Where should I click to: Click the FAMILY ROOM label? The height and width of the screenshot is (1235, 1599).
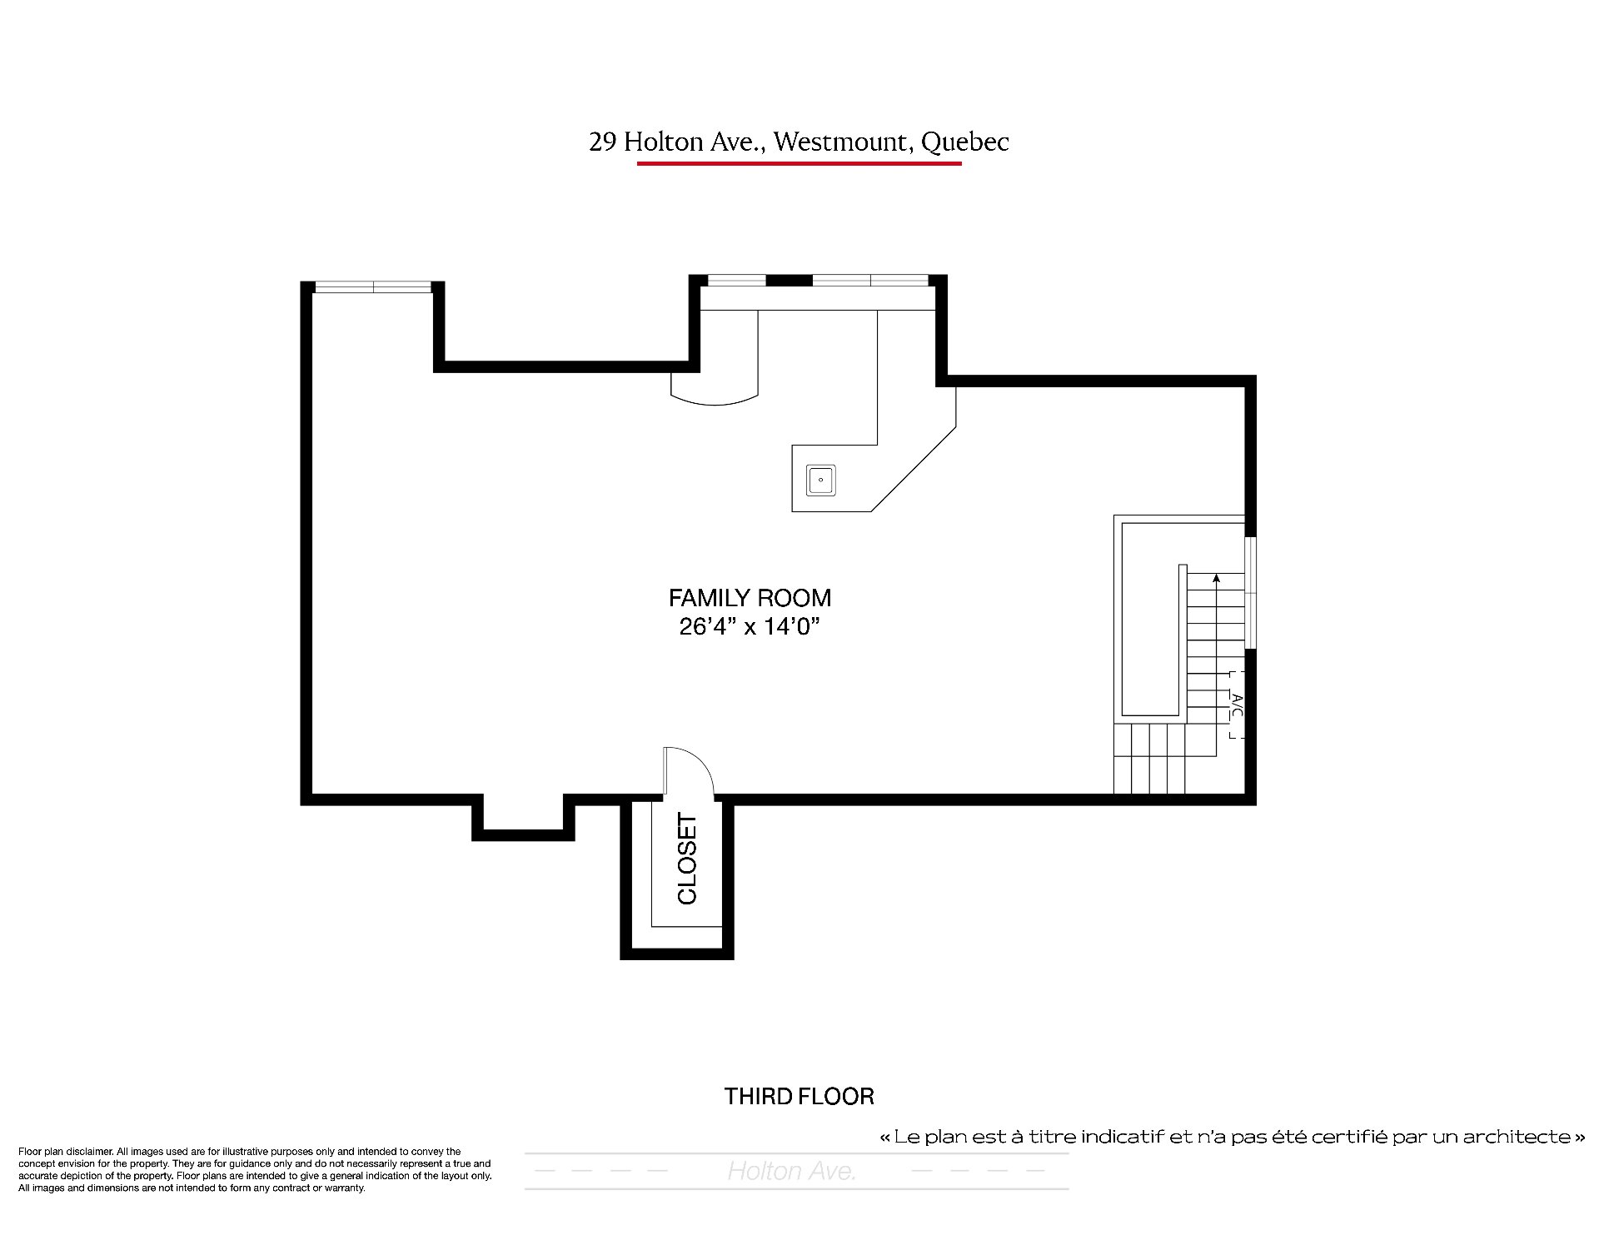(750, 598)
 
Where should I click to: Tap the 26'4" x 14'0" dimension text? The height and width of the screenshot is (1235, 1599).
(750, 626)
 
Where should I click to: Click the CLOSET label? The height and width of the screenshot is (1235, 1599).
(687, 859)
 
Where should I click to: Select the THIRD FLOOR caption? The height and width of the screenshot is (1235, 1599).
(799, 1096)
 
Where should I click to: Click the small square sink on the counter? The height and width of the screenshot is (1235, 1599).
(821, 481)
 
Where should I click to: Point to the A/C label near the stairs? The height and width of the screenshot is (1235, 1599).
(1237, 705)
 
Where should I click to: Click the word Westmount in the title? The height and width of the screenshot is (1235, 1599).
(839, 142)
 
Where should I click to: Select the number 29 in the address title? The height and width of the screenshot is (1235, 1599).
(602, 142)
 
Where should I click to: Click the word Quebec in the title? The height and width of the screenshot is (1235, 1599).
(965, 143)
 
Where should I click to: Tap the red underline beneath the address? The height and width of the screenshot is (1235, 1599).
(799, 163)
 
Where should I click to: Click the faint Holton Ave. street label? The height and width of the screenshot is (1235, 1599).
(791, 1172)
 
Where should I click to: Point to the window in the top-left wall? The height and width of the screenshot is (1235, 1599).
(373, 287)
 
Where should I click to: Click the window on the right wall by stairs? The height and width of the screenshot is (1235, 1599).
(1251, 592)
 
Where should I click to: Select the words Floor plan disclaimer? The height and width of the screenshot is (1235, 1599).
(65, 1152)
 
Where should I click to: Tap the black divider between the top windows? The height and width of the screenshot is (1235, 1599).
(789, 280)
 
